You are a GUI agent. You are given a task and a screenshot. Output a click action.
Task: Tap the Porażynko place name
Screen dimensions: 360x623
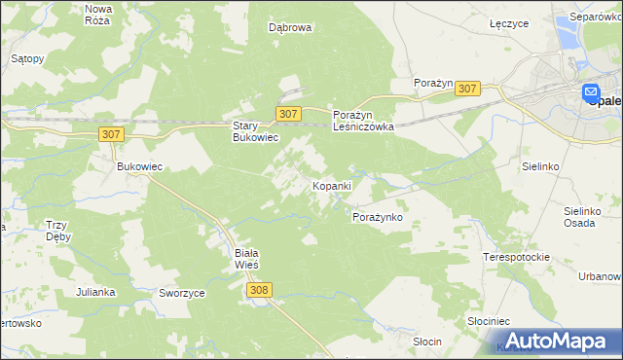[377, 217]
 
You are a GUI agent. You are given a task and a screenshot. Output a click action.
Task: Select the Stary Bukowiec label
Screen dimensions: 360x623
[255, 131]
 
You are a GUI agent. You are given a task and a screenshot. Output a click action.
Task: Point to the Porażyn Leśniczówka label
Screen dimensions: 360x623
[363, 121]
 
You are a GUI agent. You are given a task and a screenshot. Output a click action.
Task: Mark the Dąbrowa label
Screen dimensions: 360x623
[290, 28]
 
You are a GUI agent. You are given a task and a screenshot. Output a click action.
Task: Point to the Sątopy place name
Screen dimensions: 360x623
[27, 58]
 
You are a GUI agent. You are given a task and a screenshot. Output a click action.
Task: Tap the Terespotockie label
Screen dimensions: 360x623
[517, 257]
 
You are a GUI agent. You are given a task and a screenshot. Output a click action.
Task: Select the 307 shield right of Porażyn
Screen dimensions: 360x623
[467, 89]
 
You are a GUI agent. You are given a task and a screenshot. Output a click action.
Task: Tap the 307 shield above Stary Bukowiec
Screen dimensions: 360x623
[287, 114]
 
